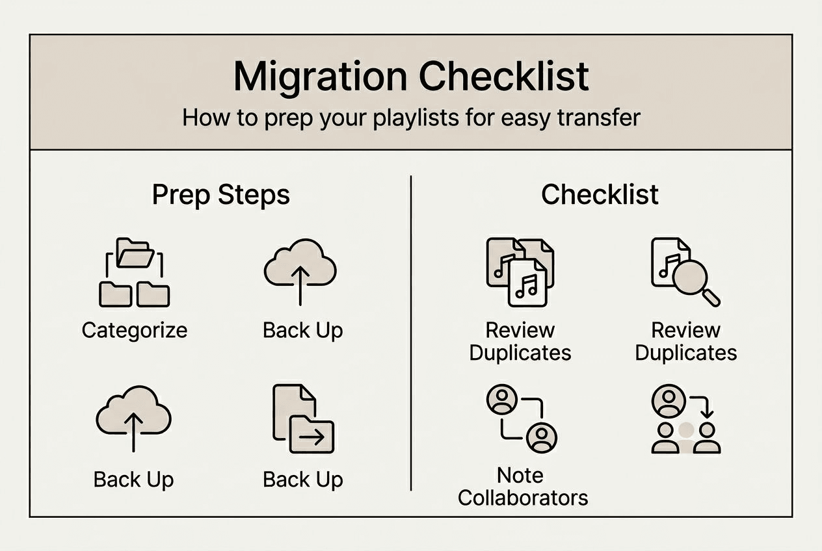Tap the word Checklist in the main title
504,77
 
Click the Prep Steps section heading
221,195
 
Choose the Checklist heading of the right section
600,195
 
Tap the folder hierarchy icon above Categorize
134,273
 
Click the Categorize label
135,330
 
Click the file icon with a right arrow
303,419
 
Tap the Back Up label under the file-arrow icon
302,480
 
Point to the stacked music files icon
520,272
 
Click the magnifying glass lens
689,277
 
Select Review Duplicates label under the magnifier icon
686,341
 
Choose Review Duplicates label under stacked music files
520,341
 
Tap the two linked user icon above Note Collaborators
522,418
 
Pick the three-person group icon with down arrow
685,419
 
